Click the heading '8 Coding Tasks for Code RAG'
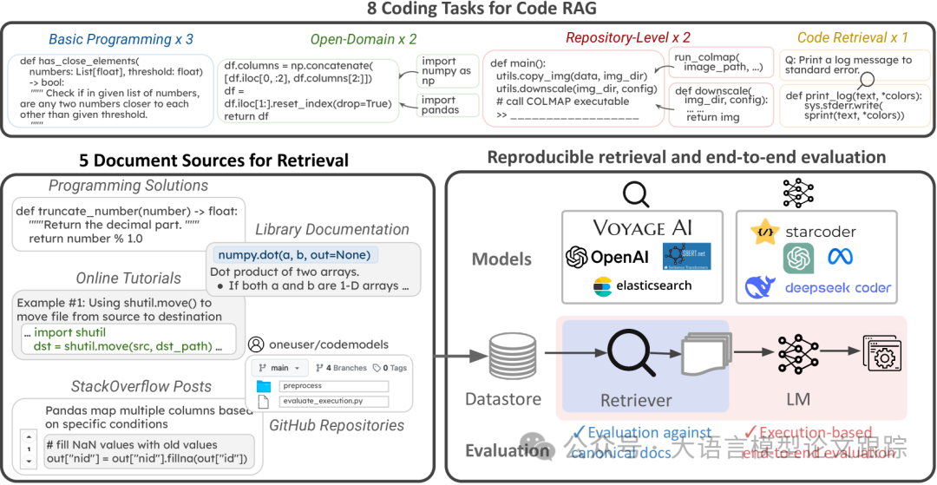point(469,10)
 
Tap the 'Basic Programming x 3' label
point(121,39)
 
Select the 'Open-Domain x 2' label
point(364,39)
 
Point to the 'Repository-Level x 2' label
point(628,37)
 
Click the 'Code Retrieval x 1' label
point(853,37)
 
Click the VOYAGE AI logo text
point(643,227)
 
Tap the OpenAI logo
point(608,257)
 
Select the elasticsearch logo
point(643,285)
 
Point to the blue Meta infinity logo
point(841,257)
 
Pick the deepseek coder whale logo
point(761,287)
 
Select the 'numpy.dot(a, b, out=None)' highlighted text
point(293,254)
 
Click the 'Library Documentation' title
point(332,229)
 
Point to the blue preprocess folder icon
point(265,386)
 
